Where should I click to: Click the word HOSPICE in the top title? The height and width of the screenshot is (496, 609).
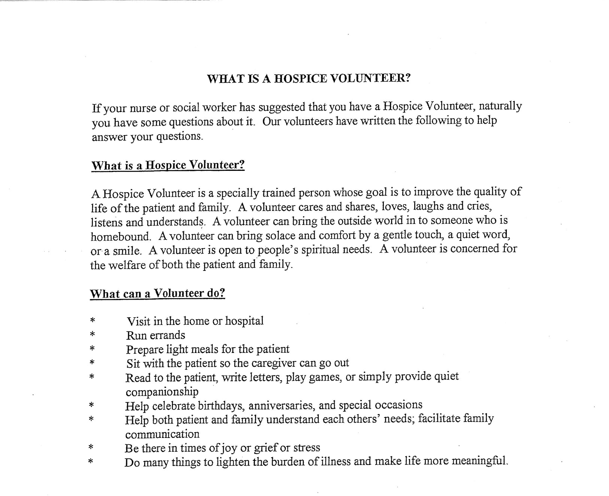[300, 79]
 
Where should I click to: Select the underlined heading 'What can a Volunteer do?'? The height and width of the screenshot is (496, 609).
[157, 293]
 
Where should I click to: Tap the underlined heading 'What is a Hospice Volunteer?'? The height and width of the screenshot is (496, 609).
[168, 165]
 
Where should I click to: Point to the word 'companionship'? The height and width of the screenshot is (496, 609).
[162, 392]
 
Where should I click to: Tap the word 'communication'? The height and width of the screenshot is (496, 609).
[162, 435]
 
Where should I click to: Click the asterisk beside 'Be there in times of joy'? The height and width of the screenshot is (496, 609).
[91, 447]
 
